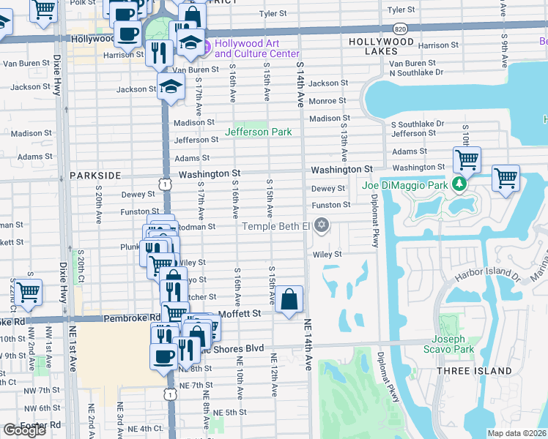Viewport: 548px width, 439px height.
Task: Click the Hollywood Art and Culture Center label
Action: click(256, 48)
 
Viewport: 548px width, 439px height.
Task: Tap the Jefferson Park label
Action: click(258, 132)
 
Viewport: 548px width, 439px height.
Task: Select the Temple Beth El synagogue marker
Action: click(321, 226)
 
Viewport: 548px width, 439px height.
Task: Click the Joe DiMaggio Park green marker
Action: click(459, 184)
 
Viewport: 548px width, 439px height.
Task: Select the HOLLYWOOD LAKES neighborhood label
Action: click(381, 42)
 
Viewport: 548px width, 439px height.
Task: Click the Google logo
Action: click(24, 430)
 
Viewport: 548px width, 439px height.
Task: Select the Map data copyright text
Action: click(517, 433)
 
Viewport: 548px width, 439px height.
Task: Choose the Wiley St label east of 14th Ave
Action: click(327, 255)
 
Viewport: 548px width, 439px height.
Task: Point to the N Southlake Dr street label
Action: click(416, 72)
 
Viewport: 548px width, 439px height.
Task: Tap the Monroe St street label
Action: click(327, 101)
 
